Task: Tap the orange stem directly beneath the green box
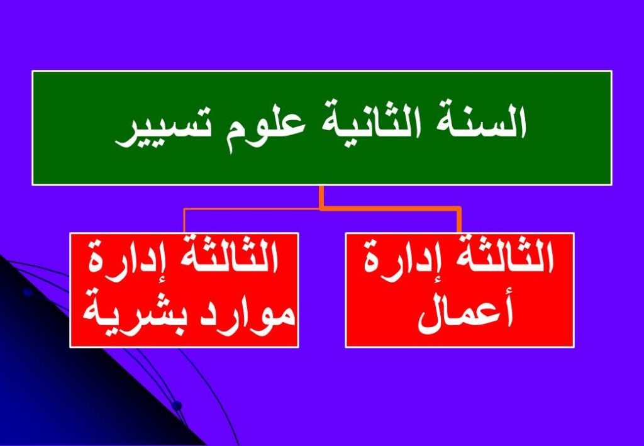321,197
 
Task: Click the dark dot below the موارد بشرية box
177,406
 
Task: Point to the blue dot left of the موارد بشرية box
28,292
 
